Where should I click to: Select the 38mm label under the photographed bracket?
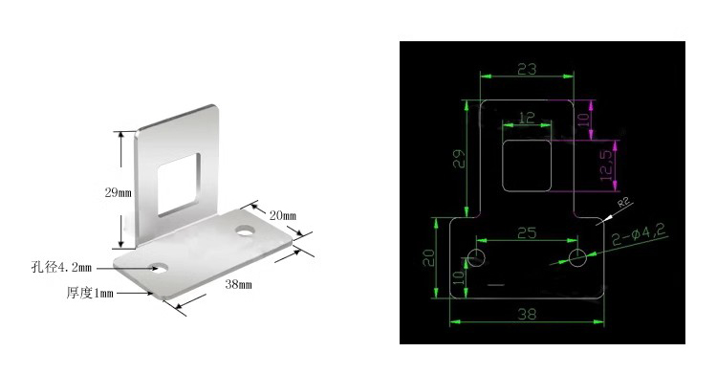238,284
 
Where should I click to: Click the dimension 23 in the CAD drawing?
526,68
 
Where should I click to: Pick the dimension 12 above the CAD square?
526,117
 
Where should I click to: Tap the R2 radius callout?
622,203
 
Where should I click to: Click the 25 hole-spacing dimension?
525,231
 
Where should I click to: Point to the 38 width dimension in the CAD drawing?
526,313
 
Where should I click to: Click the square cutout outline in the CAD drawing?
526,162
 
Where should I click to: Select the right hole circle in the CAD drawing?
576,258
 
